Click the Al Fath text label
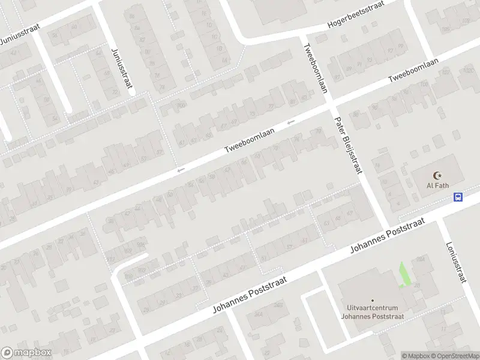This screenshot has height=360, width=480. pyautogui.click(x=437, y=186)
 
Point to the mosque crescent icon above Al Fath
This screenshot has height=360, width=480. pyautogui.click(x=437, y=175)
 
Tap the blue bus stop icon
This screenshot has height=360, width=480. pyautogui.click(x=458, y=197)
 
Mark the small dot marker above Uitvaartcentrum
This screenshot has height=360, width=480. pyautogui.click(x=372, y=301)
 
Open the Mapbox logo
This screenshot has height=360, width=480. pyautogui.click(x=26, y=353)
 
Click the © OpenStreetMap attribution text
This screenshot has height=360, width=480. pyautogui.click(x=455, y=356)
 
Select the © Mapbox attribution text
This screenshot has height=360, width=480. pyautogui.click(x=415, y=356)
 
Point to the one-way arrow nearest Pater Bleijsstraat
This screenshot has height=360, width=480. pyautogui.click(x=291, y=122)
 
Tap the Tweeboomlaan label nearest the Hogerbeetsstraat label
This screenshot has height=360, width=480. pyautogui.click(x=413, y=70)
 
